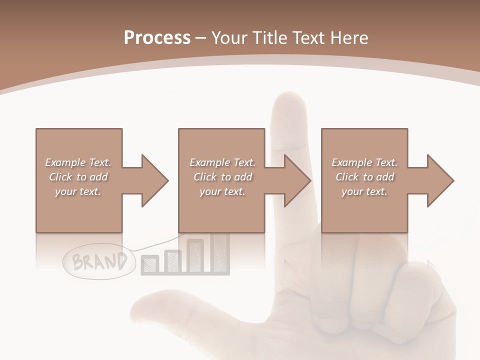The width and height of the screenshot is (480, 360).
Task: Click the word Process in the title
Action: [x=157, y=38]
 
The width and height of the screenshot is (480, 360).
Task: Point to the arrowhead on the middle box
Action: [x=297, y=180]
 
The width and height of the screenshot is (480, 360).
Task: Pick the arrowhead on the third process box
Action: [x=440, y=180]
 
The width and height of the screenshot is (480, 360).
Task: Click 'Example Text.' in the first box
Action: [x=78, y=162]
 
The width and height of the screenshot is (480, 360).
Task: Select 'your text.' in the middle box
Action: [x=222, y=191]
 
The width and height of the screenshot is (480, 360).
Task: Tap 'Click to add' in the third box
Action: [x=364, y=177]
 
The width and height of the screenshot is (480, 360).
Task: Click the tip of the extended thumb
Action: [x=142, y=305]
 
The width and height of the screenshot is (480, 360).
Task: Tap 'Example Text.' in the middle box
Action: [x=222, y=162]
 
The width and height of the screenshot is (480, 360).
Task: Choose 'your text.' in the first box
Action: [x=78, y=191]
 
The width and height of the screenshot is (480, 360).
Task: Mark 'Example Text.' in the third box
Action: [x=364, y=162]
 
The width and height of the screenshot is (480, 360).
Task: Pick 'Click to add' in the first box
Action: [x=78, y=177]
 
